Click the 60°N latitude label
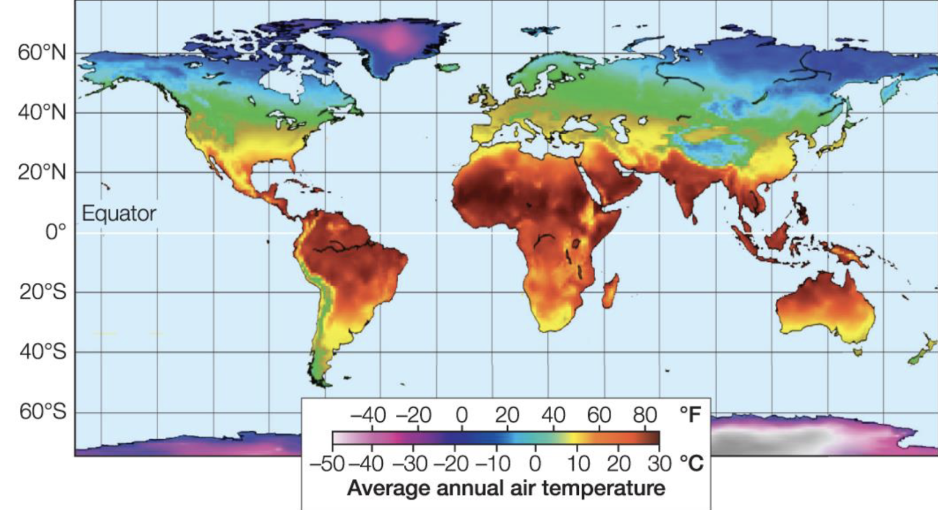42,53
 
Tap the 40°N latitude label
42,112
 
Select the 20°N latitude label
42,172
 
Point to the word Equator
119,213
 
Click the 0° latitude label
55,232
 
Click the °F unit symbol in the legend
690,415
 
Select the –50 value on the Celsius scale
327,464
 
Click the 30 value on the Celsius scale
659,464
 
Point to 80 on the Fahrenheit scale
644,415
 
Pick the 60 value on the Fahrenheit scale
599,415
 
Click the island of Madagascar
610,290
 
